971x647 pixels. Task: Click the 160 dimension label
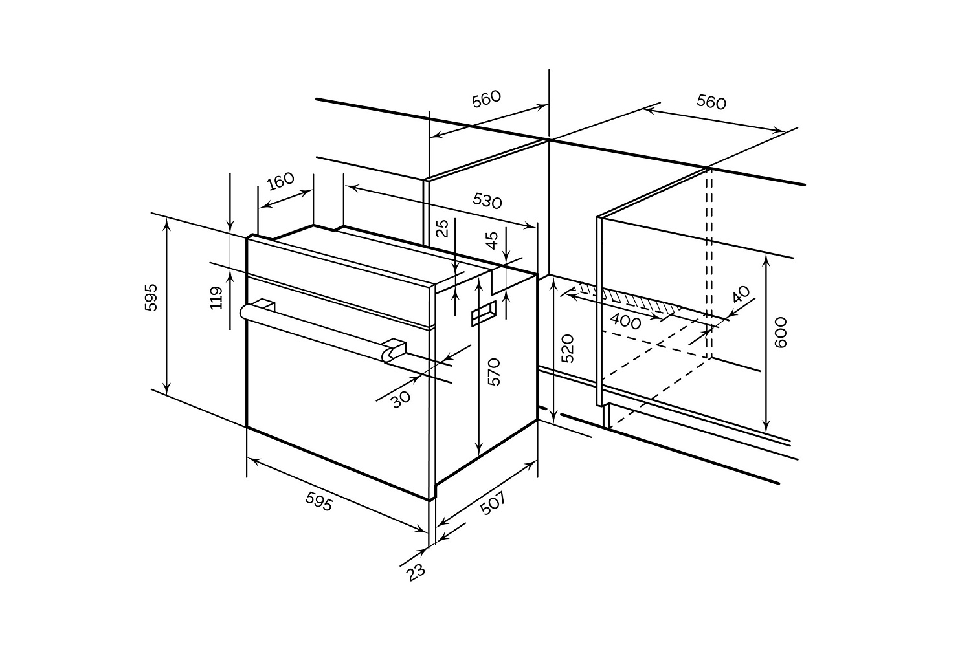(x=280, y=181)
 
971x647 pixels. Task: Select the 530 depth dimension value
(x=487, y=201)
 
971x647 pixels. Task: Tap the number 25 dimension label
(x=442, y=228)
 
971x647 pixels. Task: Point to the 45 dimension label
(x=493, y=240)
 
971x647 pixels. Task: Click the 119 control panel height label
(x=217, y=298)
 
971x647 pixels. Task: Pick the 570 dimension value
(x=494, y=372)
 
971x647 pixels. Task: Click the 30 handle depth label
(x=401, y=398)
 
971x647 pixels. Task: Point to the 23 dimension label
(x=416, y=572)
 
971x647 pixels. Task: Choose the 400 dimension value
(x=625, y=321)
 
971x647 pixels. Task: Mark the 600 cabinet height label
(x=781, y=333)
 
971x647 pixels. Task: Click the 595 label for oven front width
(x=319, y=501)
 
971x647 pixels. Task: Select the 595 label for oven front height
(x=151, y=296)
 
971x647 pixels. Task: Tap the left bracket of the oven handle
(x=265, y=304)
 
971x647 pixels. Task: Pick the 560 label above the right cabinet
(x=711, y=102)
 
